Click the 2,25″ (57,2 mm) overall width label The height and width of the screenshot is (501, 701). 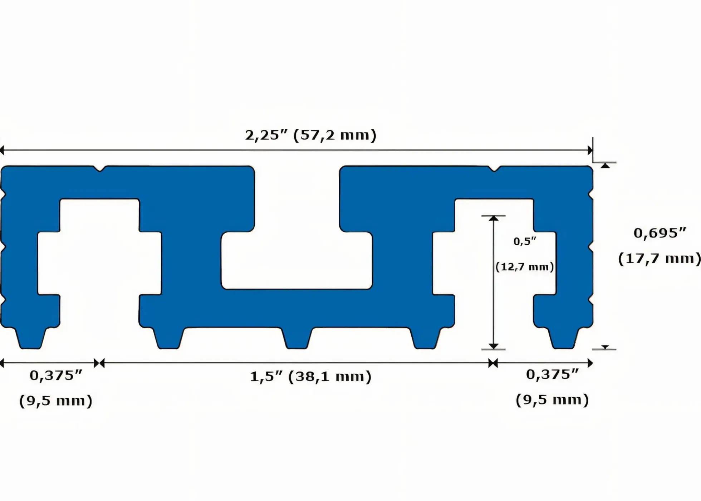coord(311,136)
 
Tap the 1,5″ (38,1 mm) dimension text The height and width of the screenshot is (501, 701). coord(310,377)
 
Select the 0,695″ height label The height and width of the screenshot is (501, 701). coord(660,233)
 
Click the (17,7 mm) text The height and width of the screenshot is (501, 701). coord(660,258)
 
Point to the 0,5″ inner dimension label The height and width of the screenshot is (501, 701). coord(525,241)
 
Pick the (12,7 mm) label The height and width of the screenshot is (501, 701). coord(525,267)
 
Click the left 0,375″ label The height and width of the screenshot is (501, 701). coord(56,375)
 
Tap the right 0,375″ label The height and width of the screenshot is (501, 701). coord(552,374)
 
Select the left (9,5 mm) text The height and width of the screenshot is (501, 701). coord(56,401)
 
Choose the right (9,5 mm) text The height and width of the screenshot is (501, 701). coord(552,400)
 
